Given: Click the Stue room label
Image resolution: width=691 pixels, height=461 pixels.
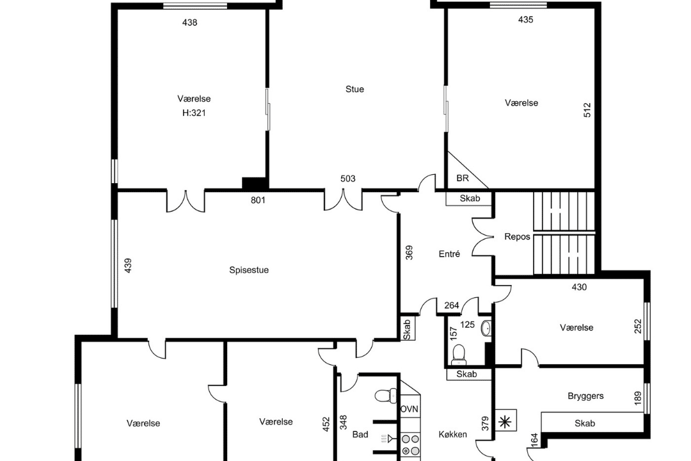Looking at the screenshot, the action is click(354, 89).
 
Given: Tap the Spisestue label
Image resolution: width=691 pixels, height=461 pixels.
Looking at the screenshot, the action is click(249, 270).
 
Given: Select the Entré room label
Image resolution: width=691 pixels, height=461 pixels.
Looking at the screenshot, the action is click(450, 254).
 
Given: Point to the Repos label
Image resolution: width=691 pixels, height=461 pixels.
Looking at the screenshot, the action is click(518, 237).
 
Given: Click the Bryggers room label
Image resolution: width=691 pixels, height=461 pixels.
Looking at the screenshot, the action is click(585, 396).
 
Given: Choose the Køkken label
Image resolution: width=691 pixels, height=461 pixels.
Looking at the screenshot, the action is click(452, 435).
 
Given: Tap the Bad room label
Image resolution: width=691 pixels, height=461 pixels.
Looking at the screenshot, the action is click(360, 435).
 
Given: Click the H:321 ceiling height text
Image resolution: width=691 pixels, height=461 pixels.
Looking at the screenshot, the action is click(194, 113).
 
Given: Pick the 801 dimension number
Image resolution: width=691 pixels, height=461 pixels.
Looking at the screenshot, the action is click(258, 200).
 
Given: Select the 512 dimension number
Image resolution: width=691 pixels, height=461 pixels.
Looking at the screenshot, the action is click(587, 110).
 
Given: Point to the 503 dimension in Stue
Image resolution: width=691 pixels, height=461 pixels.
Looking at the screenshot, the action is click(348, 179).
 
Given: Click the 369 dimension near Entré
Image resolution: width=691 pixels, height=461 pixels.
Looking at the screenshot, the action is click(409, 252).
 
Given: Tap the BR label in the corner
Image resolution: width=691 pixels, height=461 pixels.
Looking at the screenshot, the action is click(463, 178).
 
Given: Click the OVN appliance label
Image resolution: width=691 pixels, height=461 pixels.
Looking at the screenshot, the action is click(409, 409).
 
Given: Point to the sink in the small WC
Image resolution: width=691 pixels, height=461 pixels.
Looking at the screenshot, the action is click(486, 328).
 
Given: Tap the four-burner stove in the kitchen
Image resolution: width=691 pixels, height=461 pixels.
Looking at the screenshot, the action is click(411, 445).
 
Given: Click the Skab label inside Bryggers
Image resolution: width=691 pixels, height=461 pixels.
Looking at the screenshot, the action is click(585, 423).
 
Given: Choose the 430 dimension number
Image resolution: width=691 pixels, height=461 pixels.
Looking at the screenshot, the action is click(579, 287).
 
